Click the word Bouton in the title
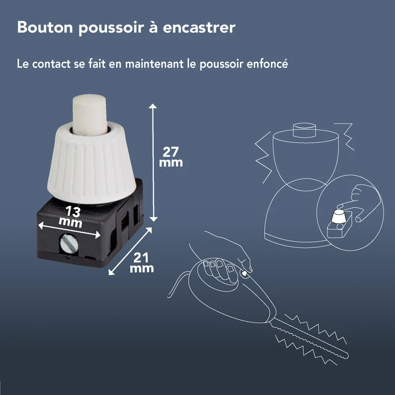point(45,28)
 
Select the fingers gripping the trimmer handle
point(217,267)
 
